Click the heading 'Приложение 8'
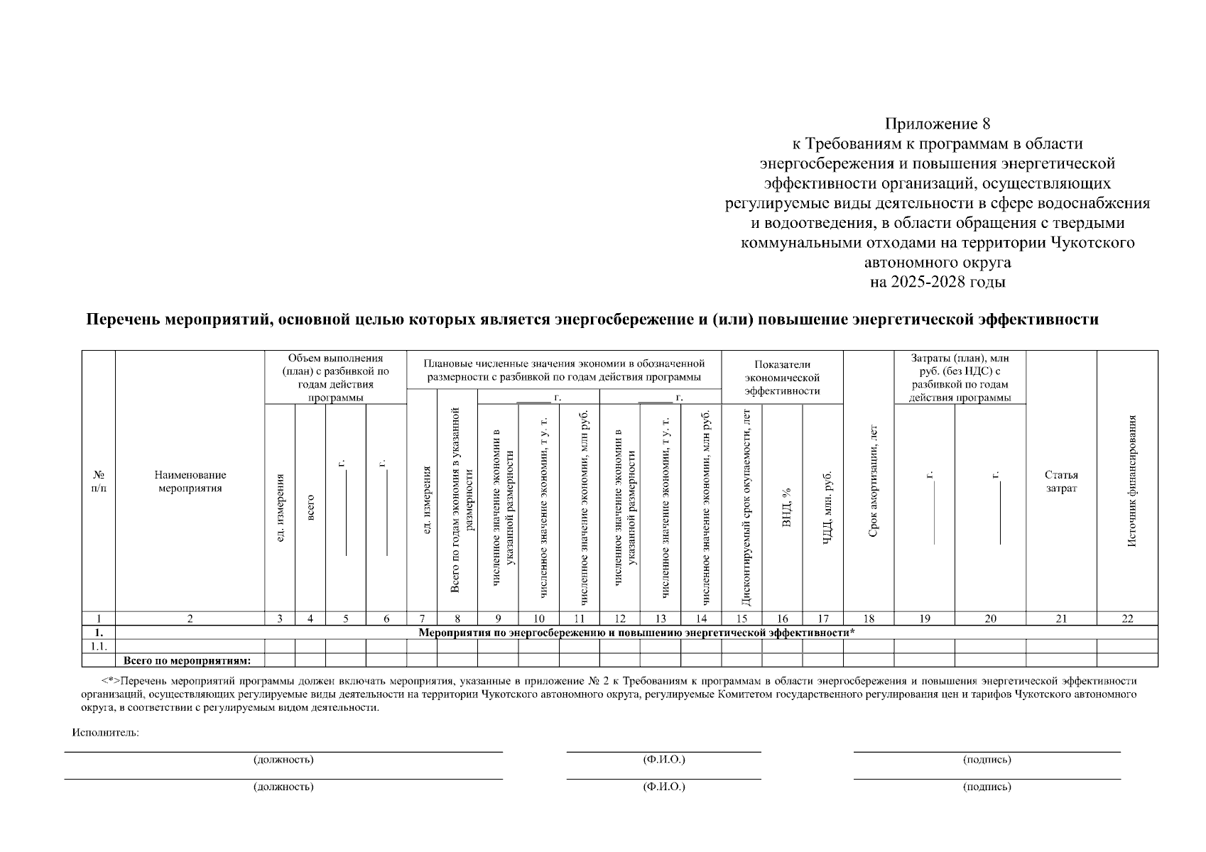coord(937,124)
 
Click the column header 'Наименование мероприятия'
coord(190,481)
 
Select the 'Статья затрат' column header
coord(1060,481)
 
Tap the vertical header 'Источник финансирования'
coord(1132,481)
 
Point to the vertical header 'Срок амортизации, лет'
coord(874,481)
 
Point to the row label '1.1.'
coord(99,646)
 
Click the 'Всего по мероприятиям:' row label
coord(188,661)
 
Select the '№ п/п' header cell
coord(99,481)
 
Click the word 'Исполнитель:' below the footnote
coord(105,733)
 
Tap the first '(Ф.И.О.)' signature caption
coord(663,760)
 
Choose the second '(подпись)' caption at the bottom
coord(987,787)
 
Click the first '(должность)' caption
coord(283,760)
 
